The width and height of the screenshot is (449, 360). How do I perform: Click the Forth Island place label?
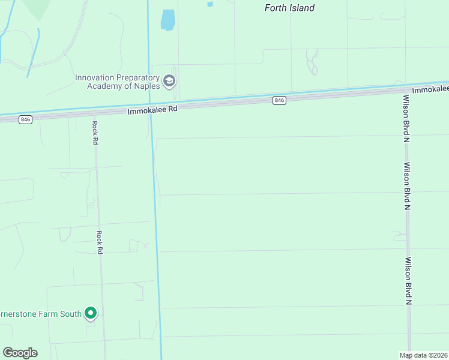289,8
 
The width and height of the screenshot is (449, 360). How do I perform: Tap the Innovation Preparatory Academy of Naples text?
118,82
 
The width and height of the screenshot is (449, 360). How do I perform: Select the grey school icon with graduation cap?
169,81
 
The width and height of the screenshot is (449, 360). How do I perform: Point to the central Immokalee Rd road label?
153,110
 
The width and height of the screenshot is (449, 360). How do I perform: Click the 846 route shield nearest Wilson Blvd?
279,100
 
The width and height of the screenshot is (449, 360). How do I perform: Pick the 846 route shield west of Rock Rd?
25,119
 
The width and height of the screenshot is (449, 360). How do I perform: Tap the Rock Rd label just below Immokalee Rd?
95,133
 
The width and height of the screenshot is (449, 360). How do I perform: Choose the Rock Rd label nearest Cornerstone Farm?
100,242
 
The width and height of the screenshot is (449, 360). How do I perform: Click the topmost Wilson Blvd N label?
406,118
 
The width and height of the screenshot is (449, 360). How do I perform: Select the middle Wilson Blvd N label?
407,185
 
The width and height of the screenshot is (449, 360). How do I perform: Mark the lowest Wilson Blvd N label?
408,280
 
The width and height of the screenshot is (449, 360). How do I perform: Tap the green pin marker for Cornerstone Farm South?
91,313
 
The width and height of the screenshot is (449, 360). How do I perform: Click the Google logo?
20,353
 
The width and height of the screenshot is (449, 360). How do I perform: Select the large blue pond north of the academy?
167,20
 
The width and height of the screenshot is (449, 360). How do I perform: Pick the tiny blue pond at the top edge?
210,4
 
